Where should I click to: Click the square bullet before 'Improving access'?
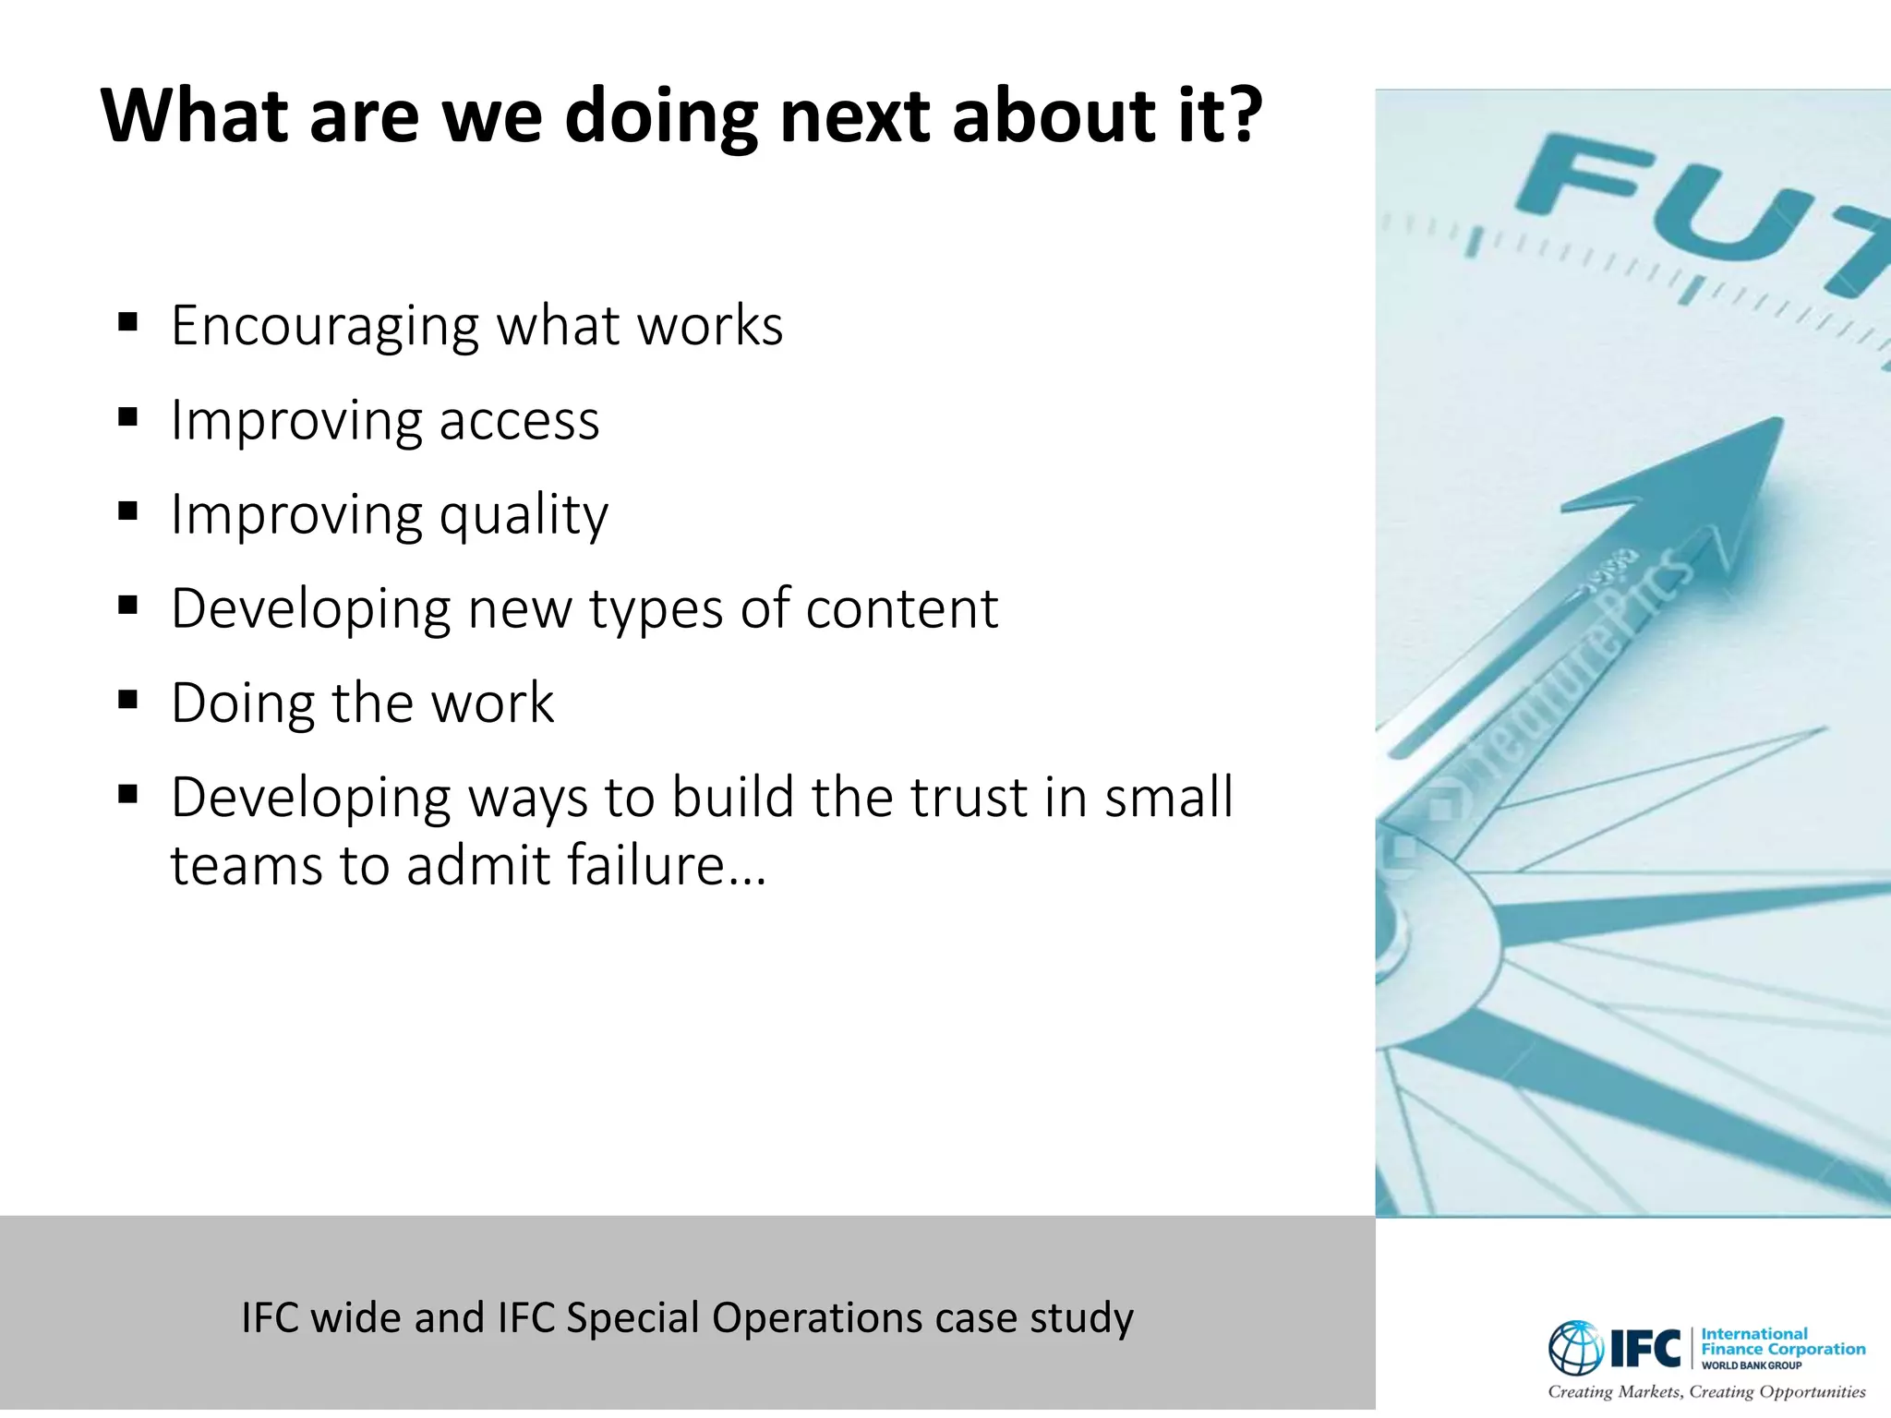(128, 417)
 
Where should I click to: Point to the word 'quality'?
(524, 516)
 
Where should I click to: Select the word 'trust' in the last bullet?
(968, 797)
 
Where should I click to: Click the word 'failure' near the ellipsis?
(645, 866)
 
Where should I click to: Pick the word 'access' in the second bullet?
(519, 421)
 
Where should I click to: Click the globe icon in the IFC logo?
(1576, 1348)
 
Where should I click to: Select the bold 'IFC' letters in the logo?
(1645, 1349)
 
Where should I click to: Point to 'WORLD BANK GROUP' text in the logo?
(1751, 1365)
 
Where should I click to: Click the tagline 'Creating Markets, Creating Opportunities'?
(1706, 1391)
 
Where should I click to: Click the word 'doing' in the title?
(661, 117)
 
